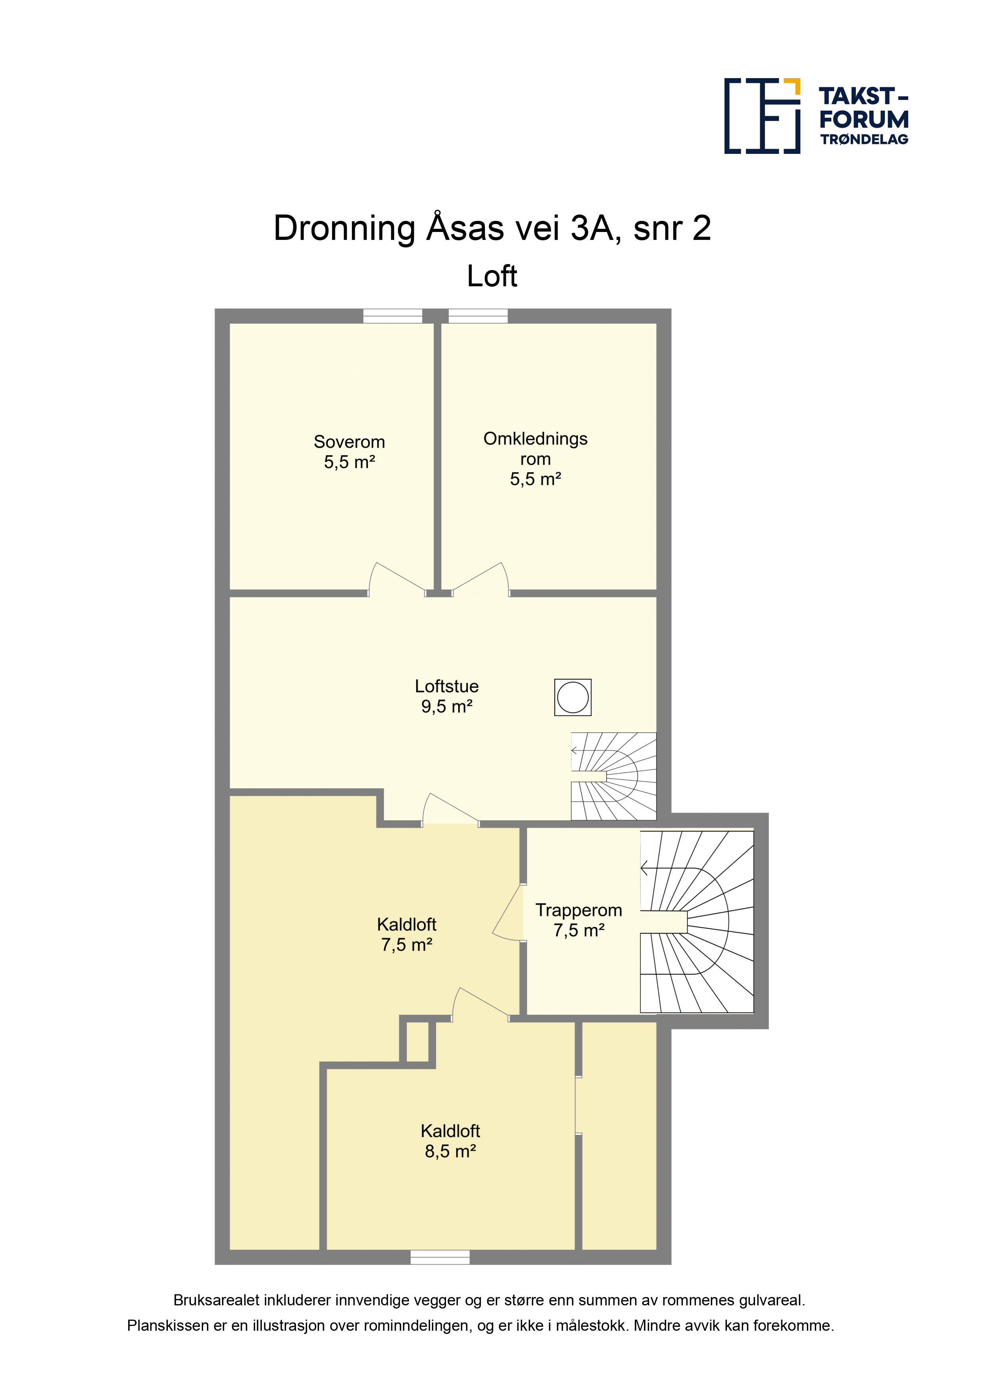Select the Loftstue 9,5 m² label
click(x=447, y=696)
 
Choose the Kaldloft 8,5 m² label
click(x=450, y=1141)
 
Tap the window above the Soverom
click(x=393, y=316)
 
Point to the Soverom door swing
click(x=397, y=579)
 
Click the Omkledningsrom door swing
click(x=481, y=579)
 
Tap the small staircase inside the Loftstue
click(x=613, y=777)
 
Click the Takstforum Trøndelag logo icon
click(x=762, y=116)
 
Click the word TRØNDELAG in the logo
click(x=865, y=139)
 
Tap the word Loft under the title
click(x=492, y=276)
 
